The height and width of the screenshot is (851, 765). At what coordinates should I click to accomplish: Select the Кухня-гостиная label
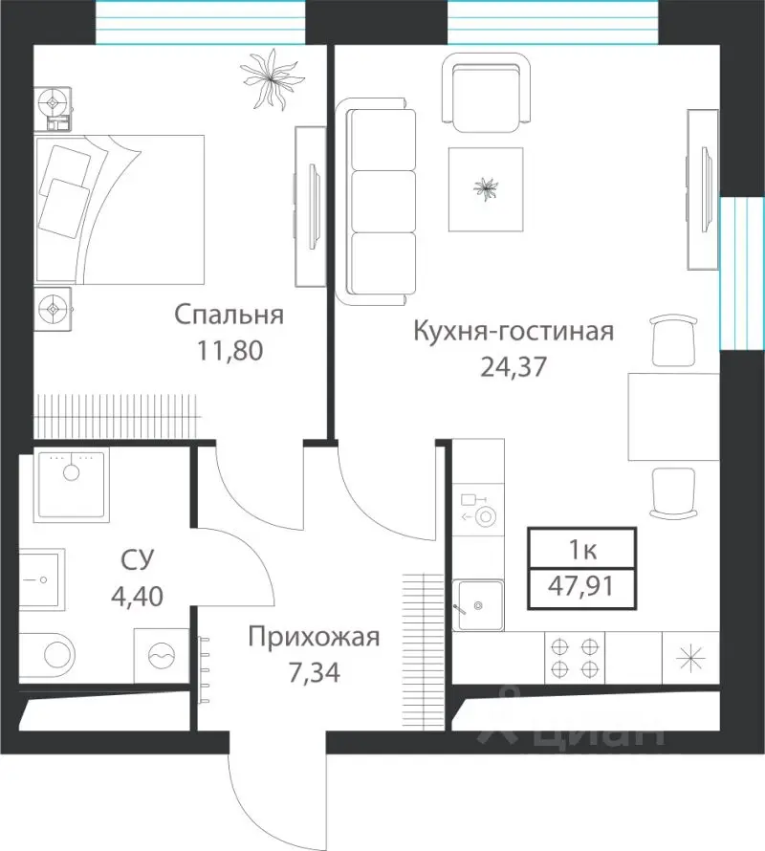(x=512, y=332)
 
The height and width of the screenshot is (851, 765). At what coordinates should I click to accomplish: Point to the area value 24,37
(x=512, y=366)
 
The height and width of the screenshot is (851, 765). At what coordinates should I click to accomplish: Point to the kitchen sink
(x=478, y=604)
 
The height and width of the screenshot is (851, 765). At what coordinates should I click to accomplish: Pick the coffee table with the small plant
(x=487, y=189)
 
